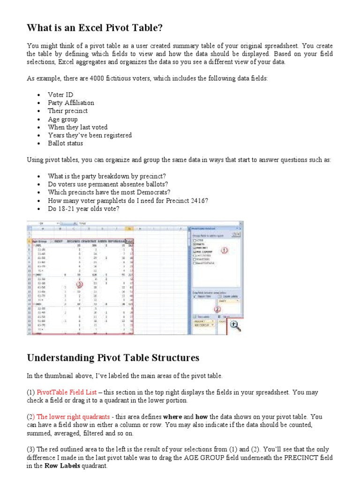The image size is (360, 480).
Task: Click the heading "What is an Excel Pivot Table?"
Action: pos(95,29)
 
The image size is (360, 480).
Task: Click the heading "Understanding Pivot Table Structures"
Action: pos(113,358)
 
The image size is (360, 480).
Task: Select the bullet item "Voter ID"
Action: pos(60,95)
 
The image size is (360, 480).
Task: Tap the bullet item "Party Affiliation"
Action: pos(71,103)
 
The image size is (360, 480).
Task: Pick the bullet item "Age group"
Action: pos(63,119)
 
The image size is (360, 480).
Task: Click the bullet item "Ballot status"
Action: pos(65,143)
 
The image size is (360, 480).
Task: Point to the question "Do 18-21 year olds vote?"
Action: pos(83,209)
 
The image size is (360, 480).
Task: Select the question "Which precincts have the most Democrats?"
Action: pos(109,192)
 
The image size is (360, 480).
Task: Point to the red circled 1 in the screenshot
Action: pos(224,251)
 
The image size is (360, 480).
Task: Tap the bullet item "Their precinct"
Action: pos(67,111)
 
